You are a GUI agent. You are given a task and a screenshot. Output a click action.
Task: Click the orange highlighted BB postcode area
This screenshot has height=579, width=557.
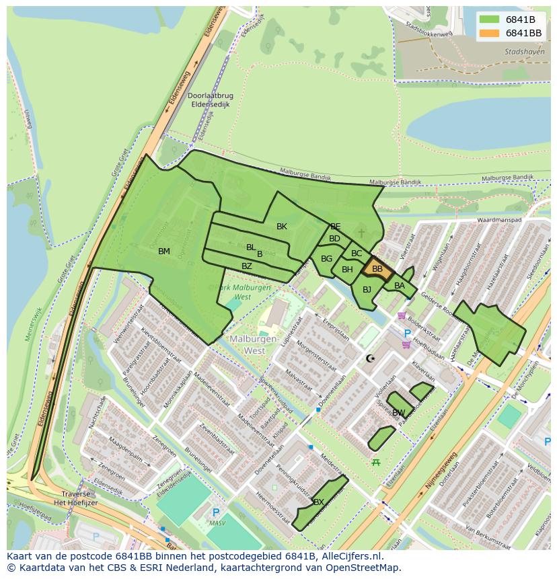point(377,269)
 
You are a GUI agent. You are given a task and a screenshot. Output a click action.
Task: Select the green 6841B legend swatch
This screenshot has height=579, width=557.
point(490,19)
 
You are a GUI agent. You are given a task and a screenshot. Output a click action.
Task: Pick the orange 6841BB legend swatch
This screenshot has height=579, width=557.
point(490,33)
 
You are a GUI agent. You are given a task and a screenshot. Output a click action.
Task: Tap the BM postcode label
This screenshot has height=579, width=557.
point(164,252)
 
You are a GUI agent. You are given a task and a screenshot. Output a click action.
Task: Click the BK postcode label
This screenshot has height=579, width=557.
point(282,227)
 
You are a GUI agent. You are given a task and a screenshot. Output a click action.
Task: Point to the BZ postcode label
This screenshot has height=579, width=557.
point(247,266)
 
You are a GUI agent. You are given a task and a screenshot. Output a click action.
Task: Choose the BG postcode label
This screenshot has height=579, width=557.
point(327,259)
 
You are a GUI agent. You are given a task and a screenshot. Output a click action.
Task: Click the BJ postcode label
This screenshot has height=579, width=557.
point(367,290)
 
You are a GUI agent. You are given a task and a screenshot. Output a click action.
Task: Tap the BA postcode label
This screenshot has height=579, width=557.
point(400,286)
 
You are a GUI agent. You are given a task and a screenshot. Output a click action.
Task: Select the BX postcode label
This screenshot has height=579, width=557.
point(319,502)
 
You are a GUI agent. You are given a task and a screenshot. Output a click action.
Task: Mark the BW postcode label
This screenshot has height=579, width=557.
point(399,413)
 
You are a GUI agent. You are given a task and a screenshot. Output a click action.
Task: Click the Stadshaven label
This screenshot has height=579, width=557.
point(523,51)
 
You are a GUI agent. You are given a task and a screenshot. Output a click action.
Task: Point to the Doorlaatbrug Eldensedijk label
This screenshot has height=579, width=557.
point(211,100)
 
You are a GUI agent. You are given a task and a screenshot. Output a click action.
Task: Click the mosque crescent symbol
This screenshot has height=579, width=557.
point(370,358)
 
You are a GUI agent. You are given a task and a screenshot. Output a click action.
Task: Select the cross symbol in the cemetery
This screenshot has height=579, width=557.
point(361,233)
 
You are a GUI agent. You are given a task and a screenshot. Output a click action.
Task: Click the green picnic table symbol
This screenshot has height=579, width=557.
point(376,462)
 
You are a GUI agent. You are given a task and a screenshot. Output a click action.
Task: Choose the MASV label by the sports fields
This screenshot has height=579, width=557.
point(217,523)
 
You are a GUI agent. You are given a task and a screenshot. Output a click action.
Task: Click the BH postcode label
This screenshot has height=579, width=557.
point(347,270)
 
